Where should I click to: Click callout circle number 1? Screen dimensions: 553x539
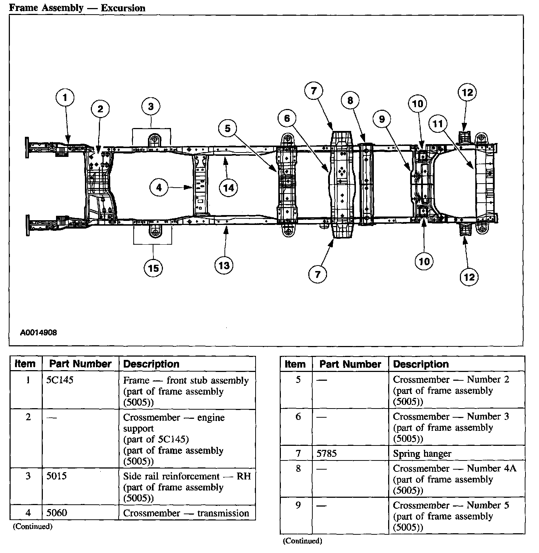[x=65, y=97]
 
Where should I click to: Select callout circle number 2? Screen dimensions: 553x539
[x=100, y=109]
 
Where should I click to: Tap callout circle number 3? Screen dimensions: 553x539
[x=151, y=107]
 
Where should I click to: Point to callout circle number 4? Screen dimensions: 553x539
[x=159, y=188]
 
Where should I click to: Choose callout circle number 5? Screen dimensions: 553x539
[x=228, y=128]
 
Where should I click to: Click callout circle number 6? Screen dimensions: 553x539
[x=287, y=118]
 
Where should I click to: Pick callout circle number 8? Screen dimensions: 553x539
[x=350, y=100]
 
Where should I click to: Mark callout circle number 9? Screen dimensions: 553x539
[x=382, y=119]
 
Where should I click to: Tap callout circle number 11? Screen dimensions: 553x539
[x=438, y=124]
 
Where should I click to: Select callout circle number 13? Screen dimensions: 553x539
[x=224, y=265]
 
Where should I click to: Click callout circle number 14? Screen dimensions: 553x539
[x=228, y=188]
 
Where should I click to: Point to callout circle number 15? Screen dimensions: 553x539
[x=153, y=268]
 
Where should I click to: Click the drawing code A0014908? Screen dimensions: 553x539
[x=38, y=333]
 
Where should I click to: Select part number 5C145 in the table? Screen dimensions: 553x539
[x=60, y=380]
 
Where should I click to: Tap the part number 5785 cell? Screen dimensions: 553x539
[x=327, y=454]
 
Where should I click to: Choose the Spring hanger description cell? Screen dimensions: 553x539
[x=422, y=454]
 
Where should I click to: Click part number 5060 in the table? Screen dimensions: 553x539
[x=57, y=513]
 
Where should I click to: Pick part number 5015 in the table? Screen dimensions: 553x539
[x=57, y=476]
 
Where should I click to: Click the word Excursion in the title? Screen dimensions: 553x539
[x=123, y=8]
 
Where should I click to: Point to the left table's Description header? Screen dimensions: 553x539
[x=151, y=364]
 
